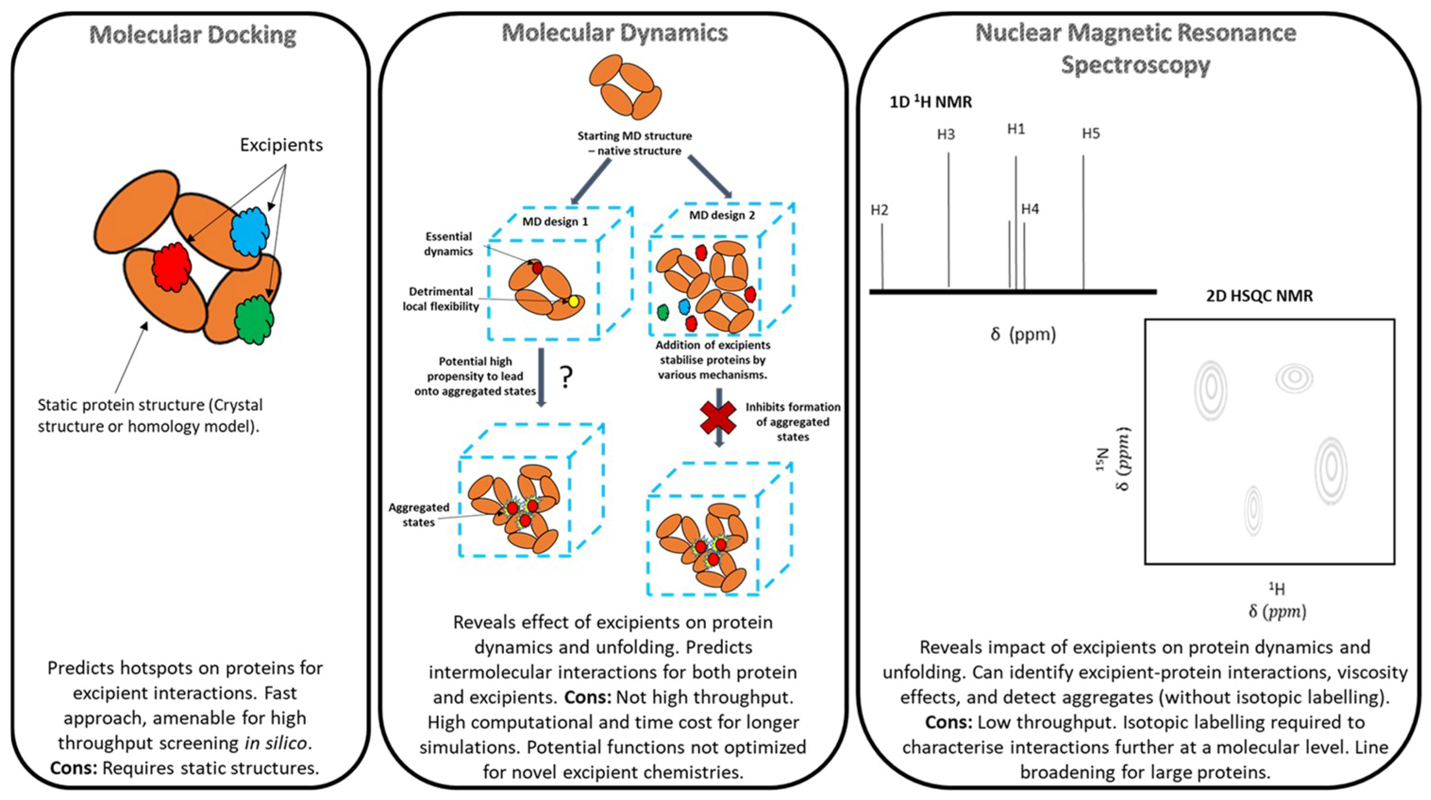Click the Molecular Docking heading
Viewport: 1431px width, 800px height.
point(193,35)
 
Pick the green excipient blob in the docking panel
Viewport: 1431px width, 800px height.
point(254,320)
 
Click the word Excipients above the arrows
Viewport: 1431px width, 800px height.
point(281,145)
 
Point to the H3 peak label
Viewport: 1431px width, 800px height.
point(946,135)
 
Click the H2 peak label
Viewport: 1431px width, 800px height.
point(879,210)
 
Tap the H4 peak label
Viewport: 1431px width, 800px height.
point(1030,209)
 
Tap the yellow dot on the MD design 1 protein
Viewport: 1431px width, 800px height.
point(573,301)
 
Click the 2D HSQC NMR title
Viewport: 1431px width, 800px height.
point(1259,295)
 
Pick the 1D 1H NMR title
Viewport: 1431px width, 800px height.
point(930,102)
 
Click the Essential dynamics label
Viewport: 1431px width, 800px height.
point(448,244)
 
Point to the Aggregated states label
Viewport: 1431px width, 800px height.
point(418,514)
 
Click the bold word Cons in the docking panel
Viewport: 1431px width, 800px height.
point(73,768)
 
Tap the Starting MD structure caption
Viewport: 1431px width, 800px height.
point(635,143)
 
